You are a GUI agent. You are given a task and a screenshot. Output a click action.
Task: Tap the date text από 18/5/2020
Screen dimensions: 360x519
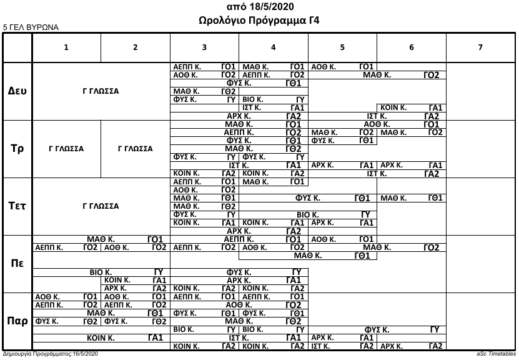click(259, 7)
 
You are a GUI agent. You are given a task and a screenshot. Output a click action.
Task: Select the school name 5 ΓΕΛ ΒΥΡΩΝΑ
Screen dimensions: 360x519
click(31, 27)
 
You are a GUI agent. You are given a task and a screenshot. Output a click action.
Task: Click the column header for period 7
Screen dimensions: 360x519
click(480, 47)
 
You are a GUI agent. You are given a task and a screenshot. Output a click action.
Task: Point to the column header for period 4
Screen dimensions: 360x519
click(274, 47)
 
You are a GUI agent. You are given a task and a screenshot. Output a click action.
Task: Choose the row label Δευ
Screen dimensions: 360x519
click(17, 91)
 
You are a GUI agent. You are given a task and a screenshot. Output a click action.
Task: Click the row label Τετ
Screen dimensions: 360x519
click(17, 206)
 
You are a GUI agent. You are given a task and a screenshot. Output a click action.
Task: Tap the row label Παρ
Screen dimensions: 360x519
click(17, 321)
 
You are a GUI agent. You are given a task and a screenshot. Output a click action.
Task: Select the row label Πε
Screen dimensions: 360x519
click(17, 263)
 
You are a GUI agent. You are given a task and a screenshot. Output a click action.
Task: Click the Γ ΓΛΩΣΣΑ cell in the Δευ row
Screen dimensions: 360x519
click(101, 91)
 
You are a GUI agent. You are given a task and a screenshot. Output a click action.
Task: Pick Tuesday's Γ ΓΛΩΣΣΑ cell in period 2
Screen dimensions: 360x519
click(135, 149)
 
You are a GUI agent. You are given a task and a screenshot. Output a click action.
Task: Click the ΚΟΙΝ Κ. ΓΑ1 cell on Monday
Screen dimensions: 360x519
click(411, 107)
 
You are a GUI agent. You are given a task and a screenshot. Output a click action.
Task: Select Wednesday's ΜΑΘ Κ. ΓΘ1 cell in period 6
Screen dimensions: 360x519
click(411, 198)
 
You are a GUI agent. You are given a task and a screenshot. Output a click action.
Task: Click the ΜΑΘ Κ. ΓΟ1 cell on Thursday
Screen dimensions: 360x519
click(101, 239)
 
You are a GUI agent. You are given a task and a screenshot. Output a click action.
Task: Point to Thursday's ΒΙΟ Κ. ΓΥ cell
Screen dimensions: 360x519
click(101, 272)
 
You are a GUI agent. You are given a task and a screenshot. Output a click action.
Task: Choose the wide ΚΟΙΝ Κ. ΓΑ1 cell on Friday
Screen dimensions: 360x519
click(101, 337)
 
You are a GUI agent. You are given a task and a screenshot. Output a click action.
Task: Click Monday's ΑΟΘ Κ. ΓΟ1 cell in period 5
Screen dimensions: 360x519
click(342, 66)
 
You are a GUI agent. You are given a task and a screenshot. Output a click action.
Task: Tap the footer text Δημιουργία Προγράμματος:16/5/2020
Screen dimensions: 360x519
click(51, 354)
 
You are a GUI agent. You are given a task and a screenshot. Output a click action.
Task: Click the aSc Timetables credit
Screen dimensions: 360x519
click(495, 354)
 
